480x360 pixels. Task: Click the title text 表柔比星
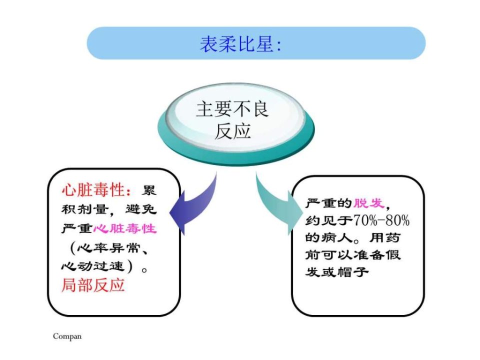pyautogui.click(x=236, y=44)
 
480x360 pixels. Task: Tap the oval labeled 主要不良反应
pyautogui.click(x=235, y=124)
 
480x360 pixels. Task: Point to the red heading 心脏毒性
pyautogui.click(x=93, y=190)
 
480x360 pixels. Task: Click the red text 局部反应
pyautogui.click(x=93, y=285)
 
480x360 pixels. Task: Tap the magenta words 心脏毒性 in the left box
pyautogui.click(x=125, y=228)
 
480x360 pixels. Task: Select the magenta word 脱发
pyautogui.click(x=368, y=203)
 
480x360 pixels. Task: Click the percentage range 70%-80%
pyautogui.click(x=381, y=220)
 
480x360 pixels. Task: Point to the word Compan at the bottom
pyautogui.click(x=67, y=336)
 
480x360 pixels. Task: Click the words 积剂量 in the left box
pyautogui.click(x=85, y=209)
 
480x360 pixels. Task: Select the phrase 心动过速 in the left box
pyautogui.click(x=93, y=266)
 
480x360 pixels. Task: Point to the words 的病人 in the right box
pyautogui.click(x=329, y=237)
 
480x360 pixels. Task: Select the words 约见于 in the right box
pyautogui.click(x=329, y=220)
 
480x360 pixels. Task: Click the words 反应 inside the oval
pyautogui.click(x=232, y=131)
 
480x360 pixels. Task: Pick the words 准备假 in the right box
pyautogui.click(x=376, y=254)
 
